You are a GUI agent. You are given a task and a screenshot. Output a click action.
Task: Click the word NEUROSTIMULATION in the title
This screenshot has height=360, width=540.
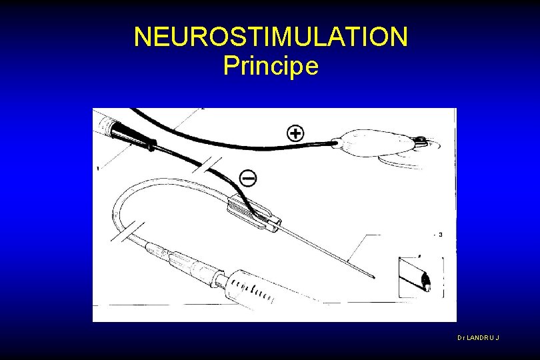(x=271, y=37)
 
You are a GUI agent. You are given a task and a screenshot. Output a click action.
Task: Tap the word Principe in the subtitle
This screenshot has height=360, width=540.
(x=271, y=65)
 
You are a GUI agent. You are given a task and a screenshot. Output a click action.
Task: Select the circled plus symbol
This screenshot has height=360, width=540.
(x=295, y=133)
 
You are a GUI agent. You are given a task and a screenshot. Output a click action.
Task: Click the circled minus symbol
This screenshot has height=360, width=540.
(x=248, y=178)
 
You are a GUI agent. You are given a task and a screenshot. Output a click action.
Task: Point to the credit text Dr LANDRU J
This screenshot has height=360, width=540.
(x=479, y=337)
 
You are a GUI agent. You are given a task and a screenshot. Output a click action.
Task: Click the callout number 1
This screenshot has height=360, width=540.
(x=98, y=169)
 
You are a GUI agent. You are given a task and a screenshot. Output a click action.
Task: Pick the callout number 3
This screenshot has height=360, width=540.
(x=440, y=235)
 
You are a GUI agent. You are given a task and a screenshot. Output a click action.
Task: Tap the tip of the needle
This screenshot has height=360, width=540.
(x=375, y=277)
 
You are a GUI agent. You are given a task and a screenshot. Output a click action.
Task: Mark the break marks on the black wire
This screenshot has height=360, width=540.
(x=207, y=165)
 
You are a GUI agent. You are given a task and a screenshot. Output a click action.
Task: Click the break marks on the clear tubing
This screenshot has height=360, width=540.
(x=128, y=232)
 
